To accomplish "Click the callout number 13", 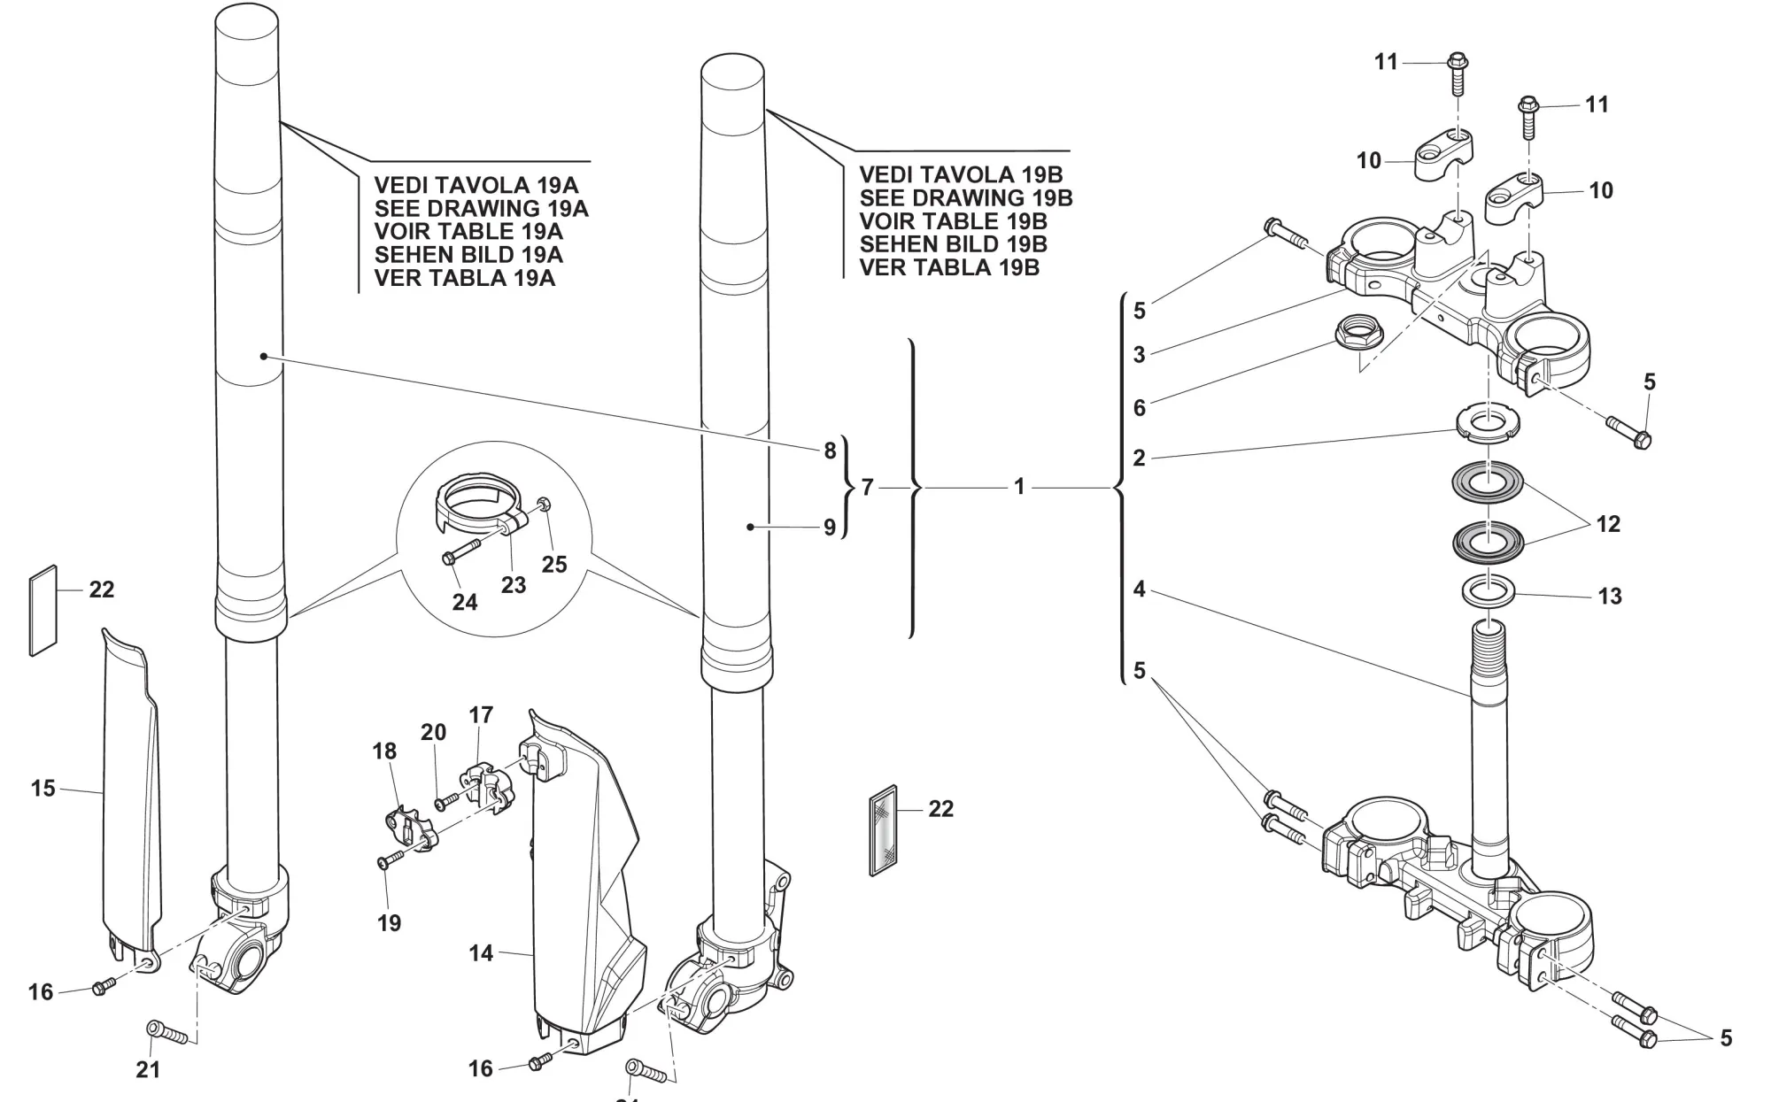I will (x=1610, y=596).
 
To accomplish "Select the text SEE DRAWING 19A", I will (x=481, y=209).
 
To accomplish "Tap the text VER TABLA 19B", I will (x=949, y=267).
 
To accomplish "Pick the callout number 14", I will (x=481, y=953).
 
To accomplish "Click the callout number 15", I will (x=43, y=788).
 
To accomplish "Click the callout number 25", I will (x=554, y=565).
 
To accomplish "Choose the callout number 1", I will (x=1019, y=487).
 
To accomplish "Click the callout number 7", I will (x=868, y=487).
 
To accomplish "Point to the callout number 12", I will (x=1608, y=523).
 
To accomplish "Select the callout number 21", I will (x=148, y=1069).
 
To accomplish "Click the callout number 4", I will (x=1139, y=589).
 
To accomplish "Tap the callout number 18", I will (x=384, y=751).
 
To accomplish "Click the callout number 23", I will (x=514, y=585).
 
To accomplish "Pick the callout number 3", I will (x=1139, y=354).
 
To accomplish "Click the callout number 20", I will (x=433, y=732).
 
